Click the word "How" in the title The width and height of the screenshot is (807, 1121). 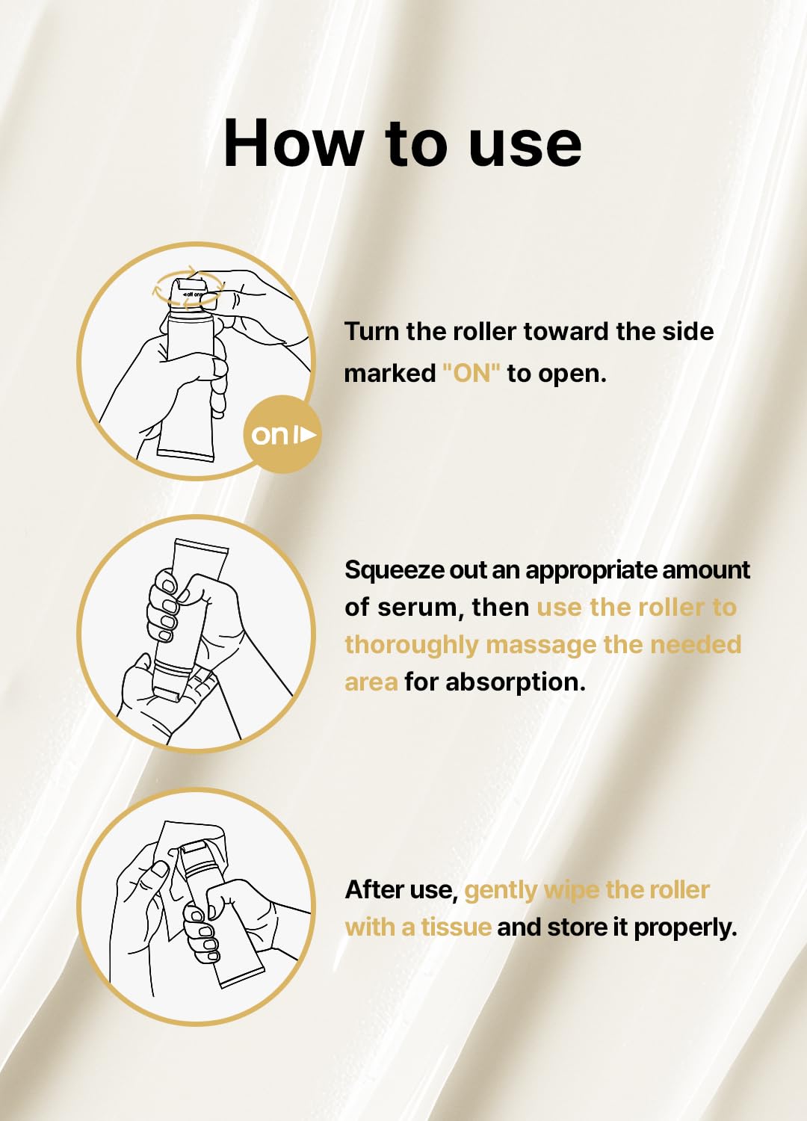(294, 143)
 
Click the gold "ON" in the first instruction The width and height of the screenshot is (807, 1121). (471, 373)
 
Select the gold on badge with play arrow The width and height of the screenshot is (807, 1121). (282, 434)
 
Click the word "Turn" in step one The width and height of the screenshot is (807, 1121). (371, 331)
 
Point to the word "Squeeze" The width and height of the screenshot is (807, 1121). (395, 570)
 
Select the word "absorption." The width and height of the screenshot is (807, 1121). (516, 682)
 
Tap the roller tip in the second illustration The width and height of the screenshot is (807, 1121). (170, 694)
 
